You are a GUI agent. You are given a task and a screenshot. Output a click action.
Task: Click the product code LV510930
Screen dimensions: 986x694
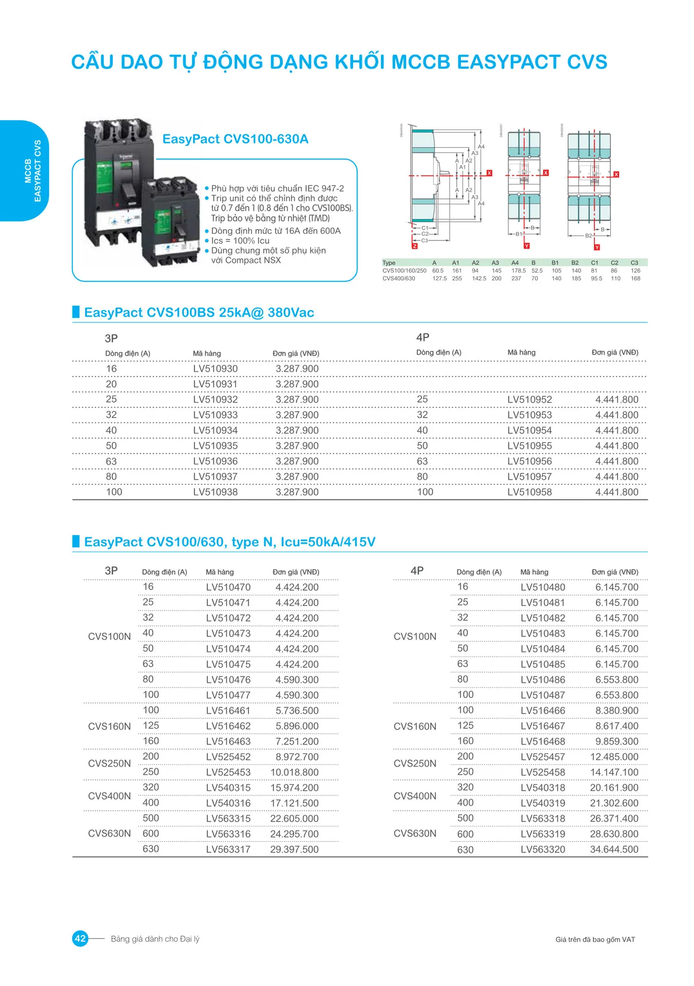[215, 369]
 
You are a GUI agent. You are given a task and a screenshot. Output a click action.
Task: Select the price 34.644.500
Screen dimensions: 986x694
[614, 849]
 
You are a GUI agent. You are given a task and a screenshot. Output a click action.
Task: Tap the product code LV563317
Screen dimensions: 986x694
[228, 849]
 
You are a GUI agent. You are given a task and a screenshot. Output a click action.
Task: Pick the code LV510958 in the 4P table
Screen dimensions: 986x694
[529, 492]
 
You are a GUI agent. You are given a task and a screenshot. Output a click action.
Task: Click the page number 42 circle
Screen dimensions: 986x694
[81, 939]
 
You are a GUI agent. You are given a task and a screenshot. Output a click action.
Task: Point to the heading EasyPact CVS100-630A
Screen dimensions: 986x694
[235, 139]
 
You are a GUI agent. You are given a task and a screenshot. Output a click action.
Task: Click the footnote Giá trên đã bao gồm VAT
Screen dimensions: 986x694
[595, 939]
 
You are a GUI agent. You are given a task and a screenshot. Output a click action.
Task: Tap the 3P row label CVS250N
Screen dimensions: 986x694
[109, 764]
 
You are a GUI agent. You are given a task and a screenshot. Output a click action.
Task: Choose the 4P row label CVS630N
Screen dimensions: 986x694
[415, 833]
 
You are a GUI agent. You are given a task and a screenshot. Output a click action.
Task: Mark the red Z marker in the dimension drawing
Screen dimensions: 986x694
[415, 246]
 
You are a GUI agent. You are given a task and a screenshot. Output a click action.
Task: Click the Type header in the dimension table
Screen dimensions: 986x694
[389, 263]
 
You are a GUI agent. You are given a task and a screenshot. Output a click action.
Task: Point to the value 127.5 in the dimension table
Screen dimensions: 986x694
[439, 278]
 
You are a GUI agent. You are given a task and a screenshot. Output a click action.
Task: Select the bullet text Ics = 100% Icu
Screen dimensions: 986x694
[240, 241]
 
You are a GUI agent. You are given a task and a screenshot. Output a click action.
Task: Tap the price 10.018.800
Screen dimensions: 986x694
[294, 772]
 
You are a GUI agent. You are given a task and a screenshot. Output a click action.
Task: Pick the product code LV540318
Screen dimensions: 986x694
[543, 788]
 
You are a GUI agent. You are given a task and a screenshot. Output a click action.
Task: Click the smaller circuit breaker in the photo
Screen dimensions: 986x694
[170, 222]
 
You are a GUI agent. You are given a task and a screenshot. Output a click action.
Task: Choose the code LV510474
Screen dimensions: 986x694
[228, 649]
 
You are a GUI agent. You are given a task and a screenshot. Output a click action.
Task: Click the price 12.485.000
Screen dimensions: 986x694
[614, 757]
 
